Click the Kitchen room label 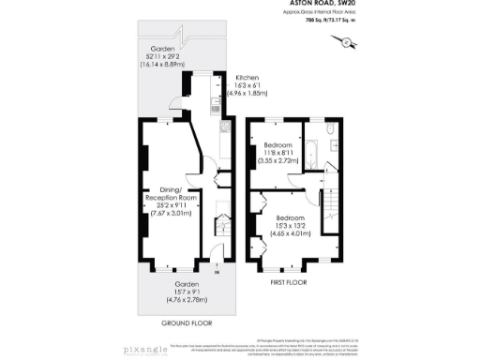click(x=247, y=78)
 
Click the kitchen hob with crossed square click(x=225, y=125)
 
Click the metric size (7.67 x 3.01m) click(x=171, y=214)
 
